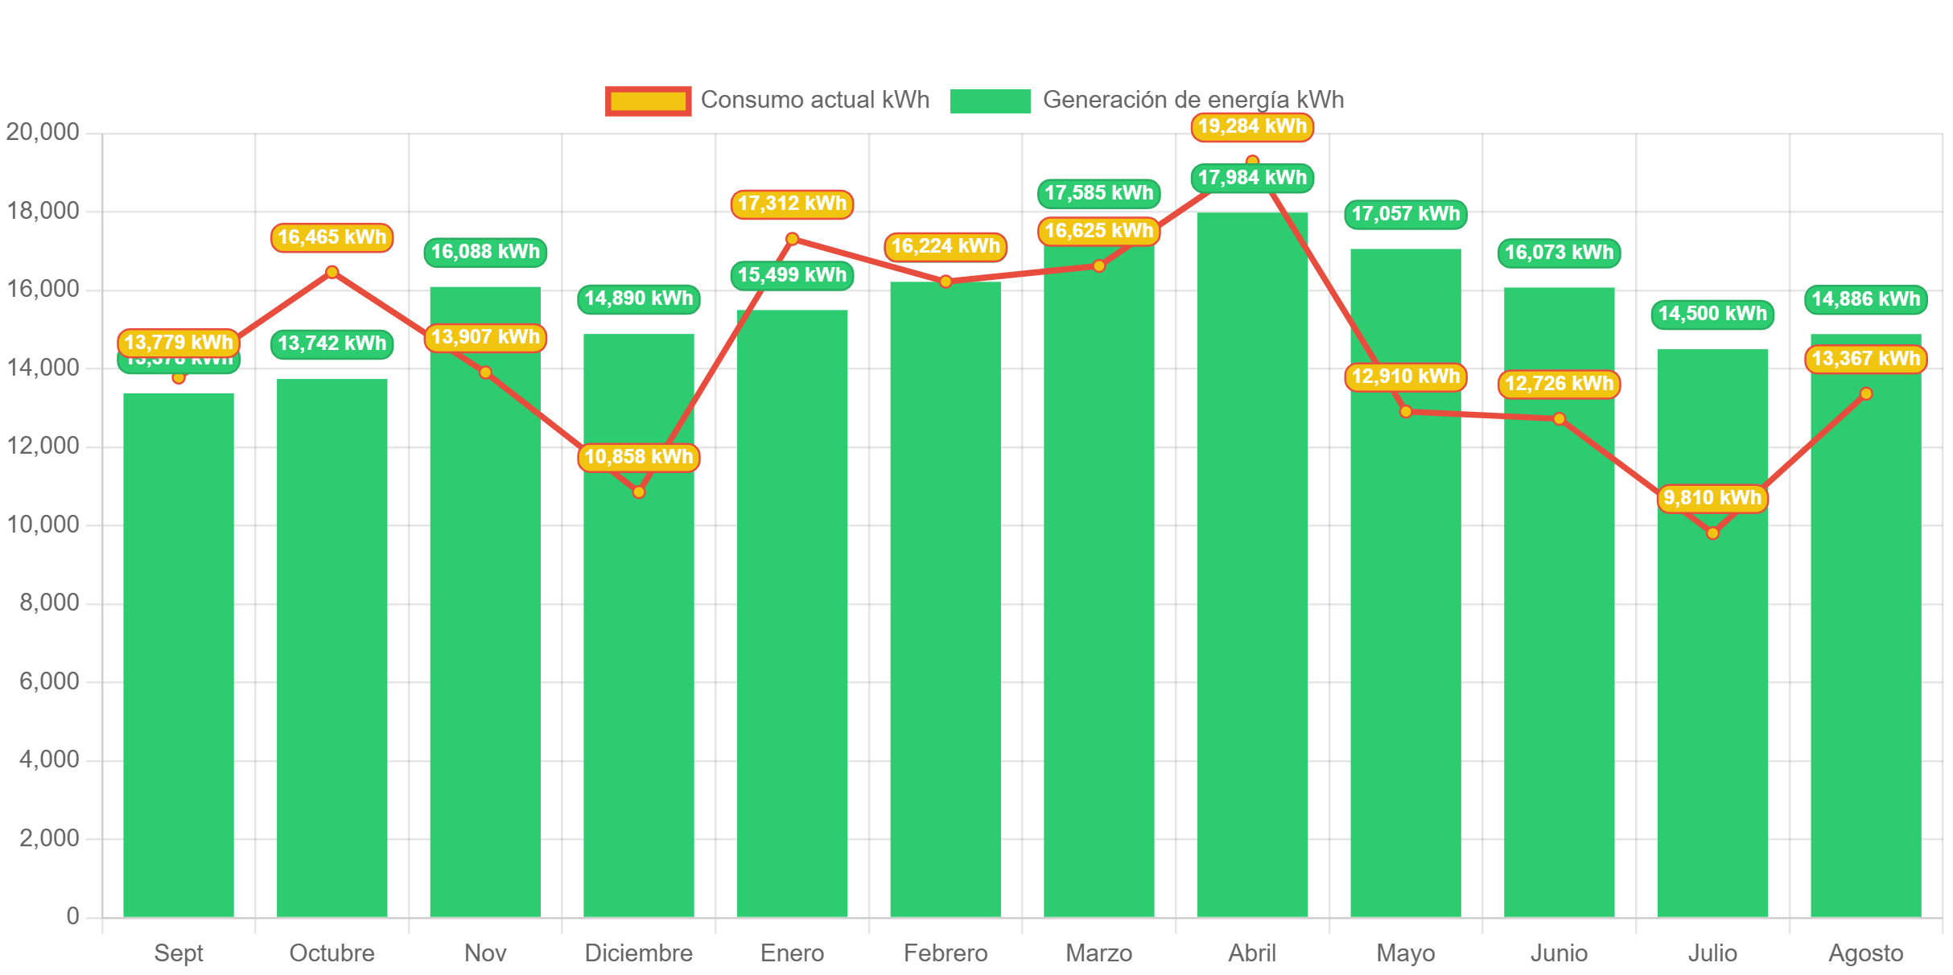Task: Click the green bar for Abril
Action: (1252, 563)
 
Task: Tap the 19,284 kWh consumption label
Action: (1252, 127)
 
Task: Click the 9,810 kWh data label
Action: (1712, 499)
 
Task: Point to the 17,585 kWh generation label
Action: (1099, 193)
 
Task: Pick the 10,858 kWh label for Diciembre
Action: (638, 457)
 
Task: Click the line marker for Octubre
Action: (332, 272)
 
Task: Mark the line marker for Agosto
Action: (1866, 393)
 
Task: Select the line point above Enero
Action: (792, 239)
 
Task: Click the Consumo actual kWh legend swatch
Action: (648, 101)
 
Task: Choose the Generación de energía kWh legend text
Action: (1193, 100)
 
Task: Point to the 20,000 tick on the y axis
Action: (43, 132)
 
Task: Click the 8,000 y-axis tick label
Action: (49, 603)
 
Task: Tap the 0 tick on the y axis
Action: (72, 916)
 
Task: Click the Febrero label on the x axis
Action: (946, 953)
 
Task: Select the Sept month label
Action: (178, 953)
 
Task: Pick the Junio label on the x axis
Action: (1559, 953)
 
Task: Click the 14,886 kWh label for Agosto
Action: (1865, 299)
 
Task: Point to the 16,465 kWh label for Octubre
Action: (332, 237)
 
